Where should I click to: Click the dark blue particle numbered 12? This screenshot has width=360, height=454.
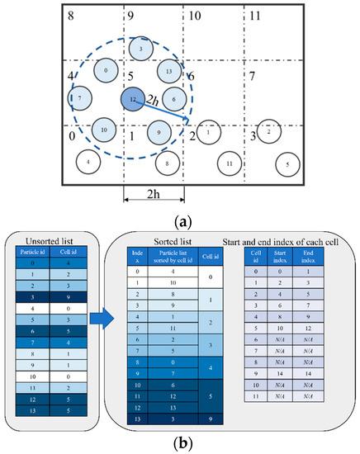click(x=132, y=99)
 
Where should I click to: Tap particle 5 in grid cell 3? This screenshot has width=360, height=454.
click(x=287, y=164)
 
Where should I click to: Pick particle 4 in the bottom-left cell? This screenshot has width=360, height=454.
click(x=88, y=162)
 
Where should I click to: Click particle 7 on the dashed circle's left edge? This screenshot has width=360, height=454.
click(x=80, y=99)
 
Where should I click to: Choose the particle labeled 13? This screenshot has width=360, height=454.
click(x=168, y=72)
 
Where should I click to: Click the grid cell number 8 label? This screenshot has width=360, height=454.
click(x=71, y=15)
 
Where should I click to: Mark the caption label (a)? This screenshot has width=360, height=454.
click(x=180, y=221)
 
